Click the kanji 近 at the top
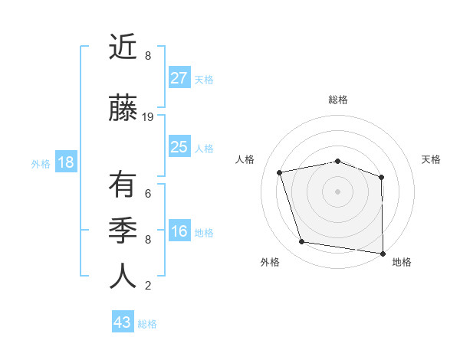123,47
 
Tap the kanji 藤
123,108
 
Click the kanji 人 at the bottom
123,276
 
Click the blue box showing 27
179,77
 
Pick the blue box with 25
179,147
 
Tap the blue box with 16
179,231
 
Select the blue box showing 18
65,162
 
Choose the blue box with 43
123,322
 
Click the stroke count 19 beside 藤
148,117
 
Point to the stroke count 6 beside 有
148,193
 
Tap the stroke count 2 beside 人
148,286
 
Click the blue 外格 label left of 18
41,163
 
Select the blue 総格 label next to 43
147,324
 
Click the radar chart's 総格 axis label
338,100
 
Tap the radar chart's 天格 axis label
432,159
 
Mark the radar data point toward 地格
383,253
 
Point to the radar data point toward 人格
280,172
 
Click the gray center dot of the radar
338,191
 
